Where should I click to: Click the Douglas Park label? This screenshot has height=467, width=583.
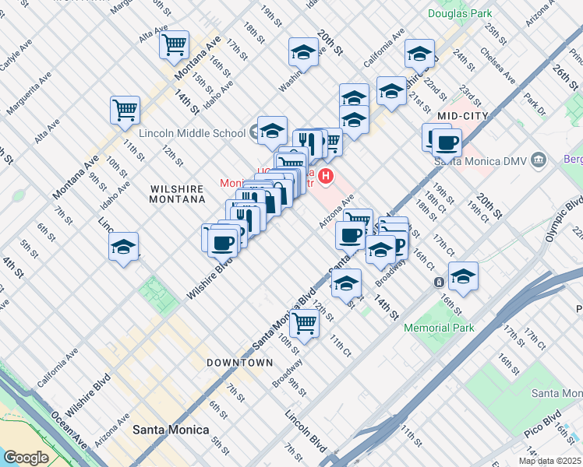coord(460,13)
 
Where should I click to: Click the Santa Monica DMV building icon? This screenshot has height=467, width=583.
coord(539,160)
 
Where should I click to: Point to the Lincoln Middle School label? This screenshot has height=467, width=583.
coord(192,132)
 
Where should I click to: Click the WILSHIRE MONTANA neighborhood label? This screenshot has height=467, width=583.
coord(178,194)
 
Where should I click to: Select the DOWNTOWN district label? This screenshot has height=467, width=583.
coord(239,363)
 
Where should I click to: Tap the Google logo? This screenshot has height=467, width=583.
coord(25,458)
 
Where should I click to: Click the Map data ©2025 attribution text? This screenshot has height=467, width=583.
coord(549,461)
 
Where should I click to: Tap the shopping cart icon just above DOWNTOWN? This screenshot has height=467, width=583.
coord(305,325)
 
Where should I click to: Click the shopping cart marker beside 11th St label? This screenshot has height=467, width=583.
coord(125,111)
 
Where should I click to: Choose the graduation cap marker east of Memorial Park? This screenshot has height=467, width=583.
coord(463,276)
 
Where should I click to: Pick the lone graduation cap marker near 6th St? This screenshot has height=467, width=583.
coord(123,247)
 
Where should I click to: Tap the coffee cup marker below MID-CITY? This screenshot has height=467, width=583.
coord(447,142)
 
